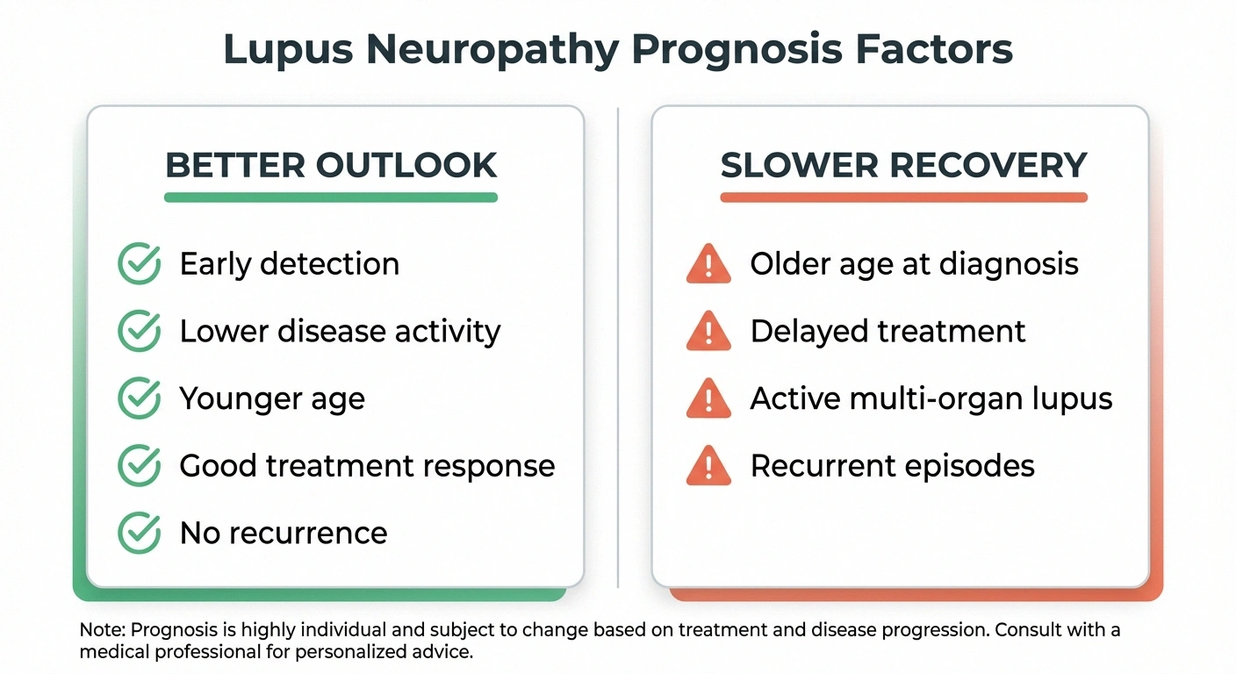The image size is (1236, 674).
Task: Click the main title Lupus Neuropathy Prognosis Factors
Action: pos(618,49)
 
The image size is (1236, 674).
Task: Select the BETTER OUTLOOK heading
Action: pos(331,165)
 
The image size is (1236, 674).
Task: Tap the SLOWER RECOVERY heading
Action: pos(903,165)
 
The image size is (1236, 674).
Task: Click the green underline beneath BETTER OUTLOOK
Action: pos(331,197)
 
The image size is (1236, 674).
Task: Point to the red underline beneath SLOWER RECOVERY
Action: pos(903,197)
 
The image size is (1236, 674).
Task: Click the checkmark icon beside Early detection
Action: pos(139,264)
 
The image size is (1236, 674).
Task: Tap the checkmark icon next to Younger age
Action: pos(139,398)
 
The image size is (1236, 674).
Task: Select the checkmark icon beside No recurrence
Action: pos(139,533)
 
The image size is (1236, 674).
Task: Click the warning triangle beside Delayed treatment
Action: pos(708,332)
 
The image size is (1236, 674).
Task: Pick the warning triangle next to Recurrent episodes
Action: pos(708,466)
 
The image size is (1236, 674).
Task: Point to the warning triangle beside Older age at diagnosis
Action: pos(708,264)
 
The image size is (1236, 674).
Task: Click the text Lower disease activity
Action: pos(340,332)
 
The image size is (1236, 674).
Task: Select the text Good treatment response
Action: pos(367,466)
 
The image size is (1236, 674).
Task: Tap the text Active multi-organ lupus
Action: pos(931,398)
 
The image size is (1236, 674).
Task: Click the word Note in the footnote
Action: pos(97,630)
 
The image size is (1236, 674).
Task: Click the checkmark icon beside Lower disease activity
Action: pos(139,332)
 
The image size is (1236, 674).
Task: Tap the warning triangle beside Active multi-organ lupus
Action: pos(708,398)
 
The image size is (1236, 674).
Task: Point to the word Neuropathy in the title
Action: pos(492,49)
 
